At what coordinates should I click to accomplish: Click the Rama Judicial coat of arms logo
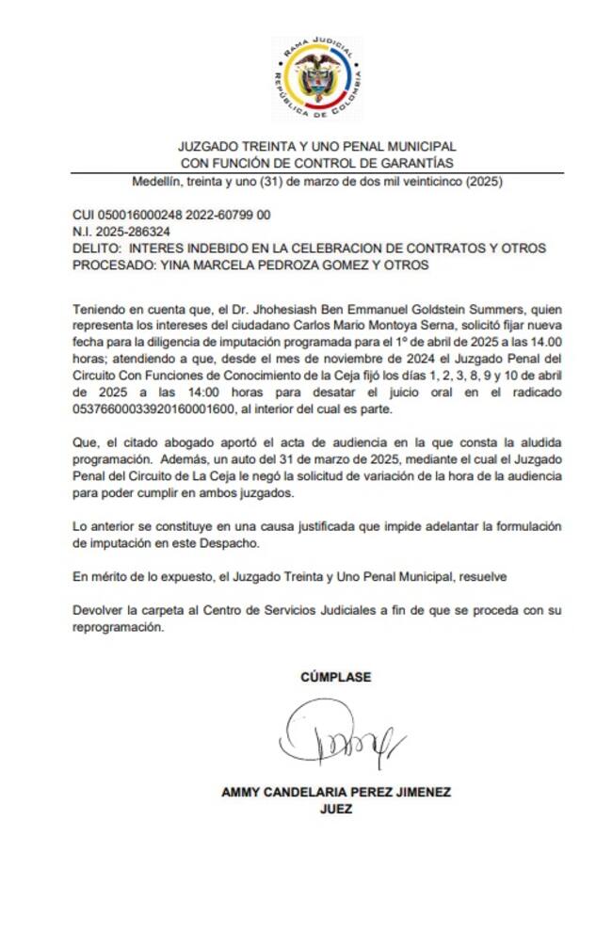(316, 79)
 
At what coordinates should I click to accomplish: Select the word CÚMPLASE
(336, 677)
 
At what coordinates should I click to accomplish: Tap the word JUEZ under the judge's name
(336, 808)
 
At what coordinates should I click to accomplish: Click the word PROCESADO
(111, 265)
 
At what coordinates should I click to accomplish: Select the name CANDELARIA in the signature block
(303, 792)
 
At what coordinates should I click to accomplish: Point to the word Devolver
(98, 612)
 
